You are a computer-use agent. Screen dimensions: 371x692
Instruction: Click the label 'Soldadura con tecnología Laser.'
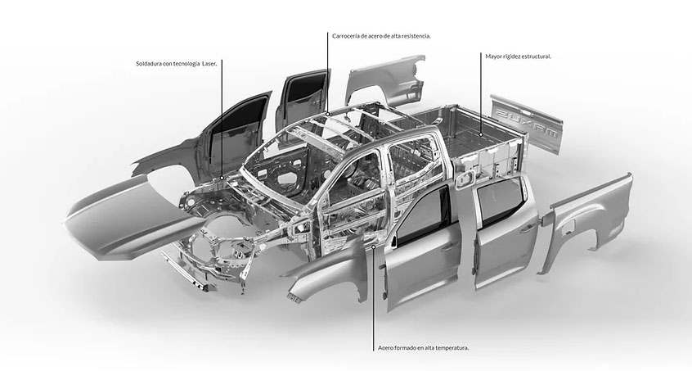coord(178,64)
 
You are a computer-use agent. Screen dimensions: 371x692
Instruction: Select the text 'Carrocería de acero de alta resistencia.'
coord(381,36)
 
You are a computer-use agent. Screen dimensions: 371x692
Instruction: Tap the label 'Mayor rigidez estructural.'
coord(518,57)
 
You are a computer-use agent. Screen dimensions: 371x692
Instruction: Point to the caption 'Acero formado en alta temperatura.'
coord(423,347)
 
